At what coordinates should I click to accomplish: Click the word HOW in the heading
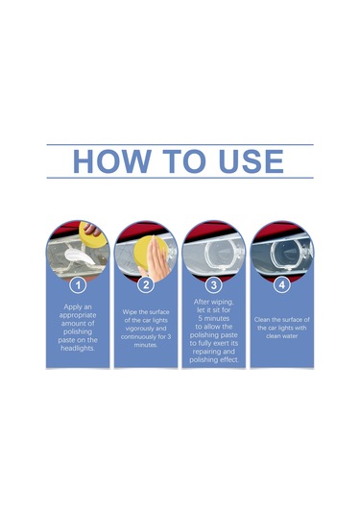pos(111,161)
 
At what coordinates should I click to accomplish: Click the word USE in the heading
pos(251,161)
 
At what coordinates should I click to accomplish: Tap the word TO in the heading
pos(184,161)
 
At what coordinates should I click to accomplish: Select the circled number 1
pos(78,285)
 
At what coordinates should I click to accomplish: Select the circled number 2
pos(146,284)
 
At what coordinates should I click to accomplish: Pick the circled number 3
pos(213,285)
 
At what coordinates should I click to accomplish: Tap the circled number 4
pos(281,285)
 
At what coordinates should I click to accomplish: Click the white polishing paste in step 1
pos(80,256)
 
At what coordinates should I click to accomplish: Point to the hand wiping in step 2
pos(155,260)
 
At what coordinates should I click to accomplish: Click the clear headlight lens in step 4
pos(289,254)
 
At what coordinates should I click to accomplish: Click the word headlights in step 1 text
pos(78,348)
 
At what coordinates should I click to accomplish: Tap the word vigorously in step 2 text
pos(146,329)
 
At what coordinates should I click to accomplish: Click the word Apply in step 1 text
pos(73,307)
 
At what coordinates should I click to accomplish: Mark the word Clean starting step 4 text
pos(262,320)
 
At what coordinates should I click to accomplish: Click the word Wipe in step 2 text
pos(130,311)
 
